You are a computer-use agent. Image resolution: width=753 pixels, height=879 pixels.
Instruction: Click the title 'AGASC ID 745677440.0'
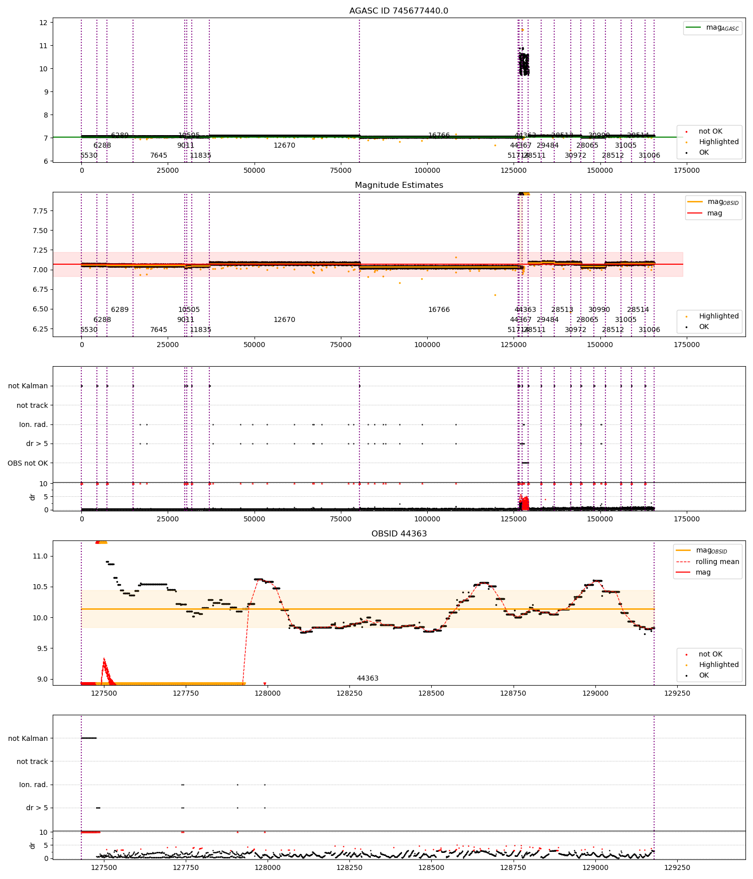(x=399, y=11)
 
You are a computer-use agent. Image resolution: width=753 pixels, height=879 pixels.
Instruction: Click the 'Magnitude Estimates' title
(x=399, y=185)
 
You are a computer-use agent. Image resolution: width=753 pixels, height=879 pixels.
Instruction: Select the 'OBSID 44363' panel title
(x=399, y=534)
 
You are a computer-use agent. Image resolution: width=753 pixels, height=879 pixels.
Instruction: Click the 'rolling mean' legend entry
(x=717, y=562)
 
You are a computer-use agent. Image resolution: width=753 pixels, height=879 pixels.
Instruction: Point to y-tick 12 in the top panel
(x=43, y=23)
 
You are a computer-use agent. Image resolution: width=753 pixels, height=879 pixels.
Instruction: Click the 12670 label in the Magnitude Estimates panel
(x=284, y=320)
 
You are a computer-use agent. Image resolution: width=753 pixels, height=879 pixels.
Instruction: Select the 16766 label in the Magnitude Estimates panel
(x=439, y=310)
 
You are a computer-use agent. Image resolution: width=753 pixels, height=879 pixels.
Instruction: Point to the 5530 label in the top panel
(x=89, y=156)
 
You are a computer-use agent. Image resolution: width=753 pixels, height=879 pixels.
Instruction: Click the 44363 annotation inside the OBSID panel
(x=367, y=679)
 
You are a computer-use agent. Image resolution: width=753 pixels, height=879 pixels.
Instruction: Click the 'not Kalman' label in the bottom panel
(x=28, y=738)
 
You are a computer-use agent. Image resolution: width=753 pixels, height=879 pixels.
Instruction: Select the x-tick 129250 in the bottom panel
(x=677, y=867)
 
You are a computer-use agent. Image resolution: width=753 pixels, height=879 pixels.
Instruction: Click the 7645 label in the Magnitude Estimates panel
(x=159, y=330)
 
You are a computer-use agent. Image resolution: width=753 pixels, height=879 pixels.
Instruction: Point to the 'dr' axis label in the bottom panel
(x=33, y=845)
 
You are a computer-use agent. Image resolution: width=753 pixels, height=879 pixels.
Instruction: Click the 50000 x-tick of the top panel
(x=254, y=170)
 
